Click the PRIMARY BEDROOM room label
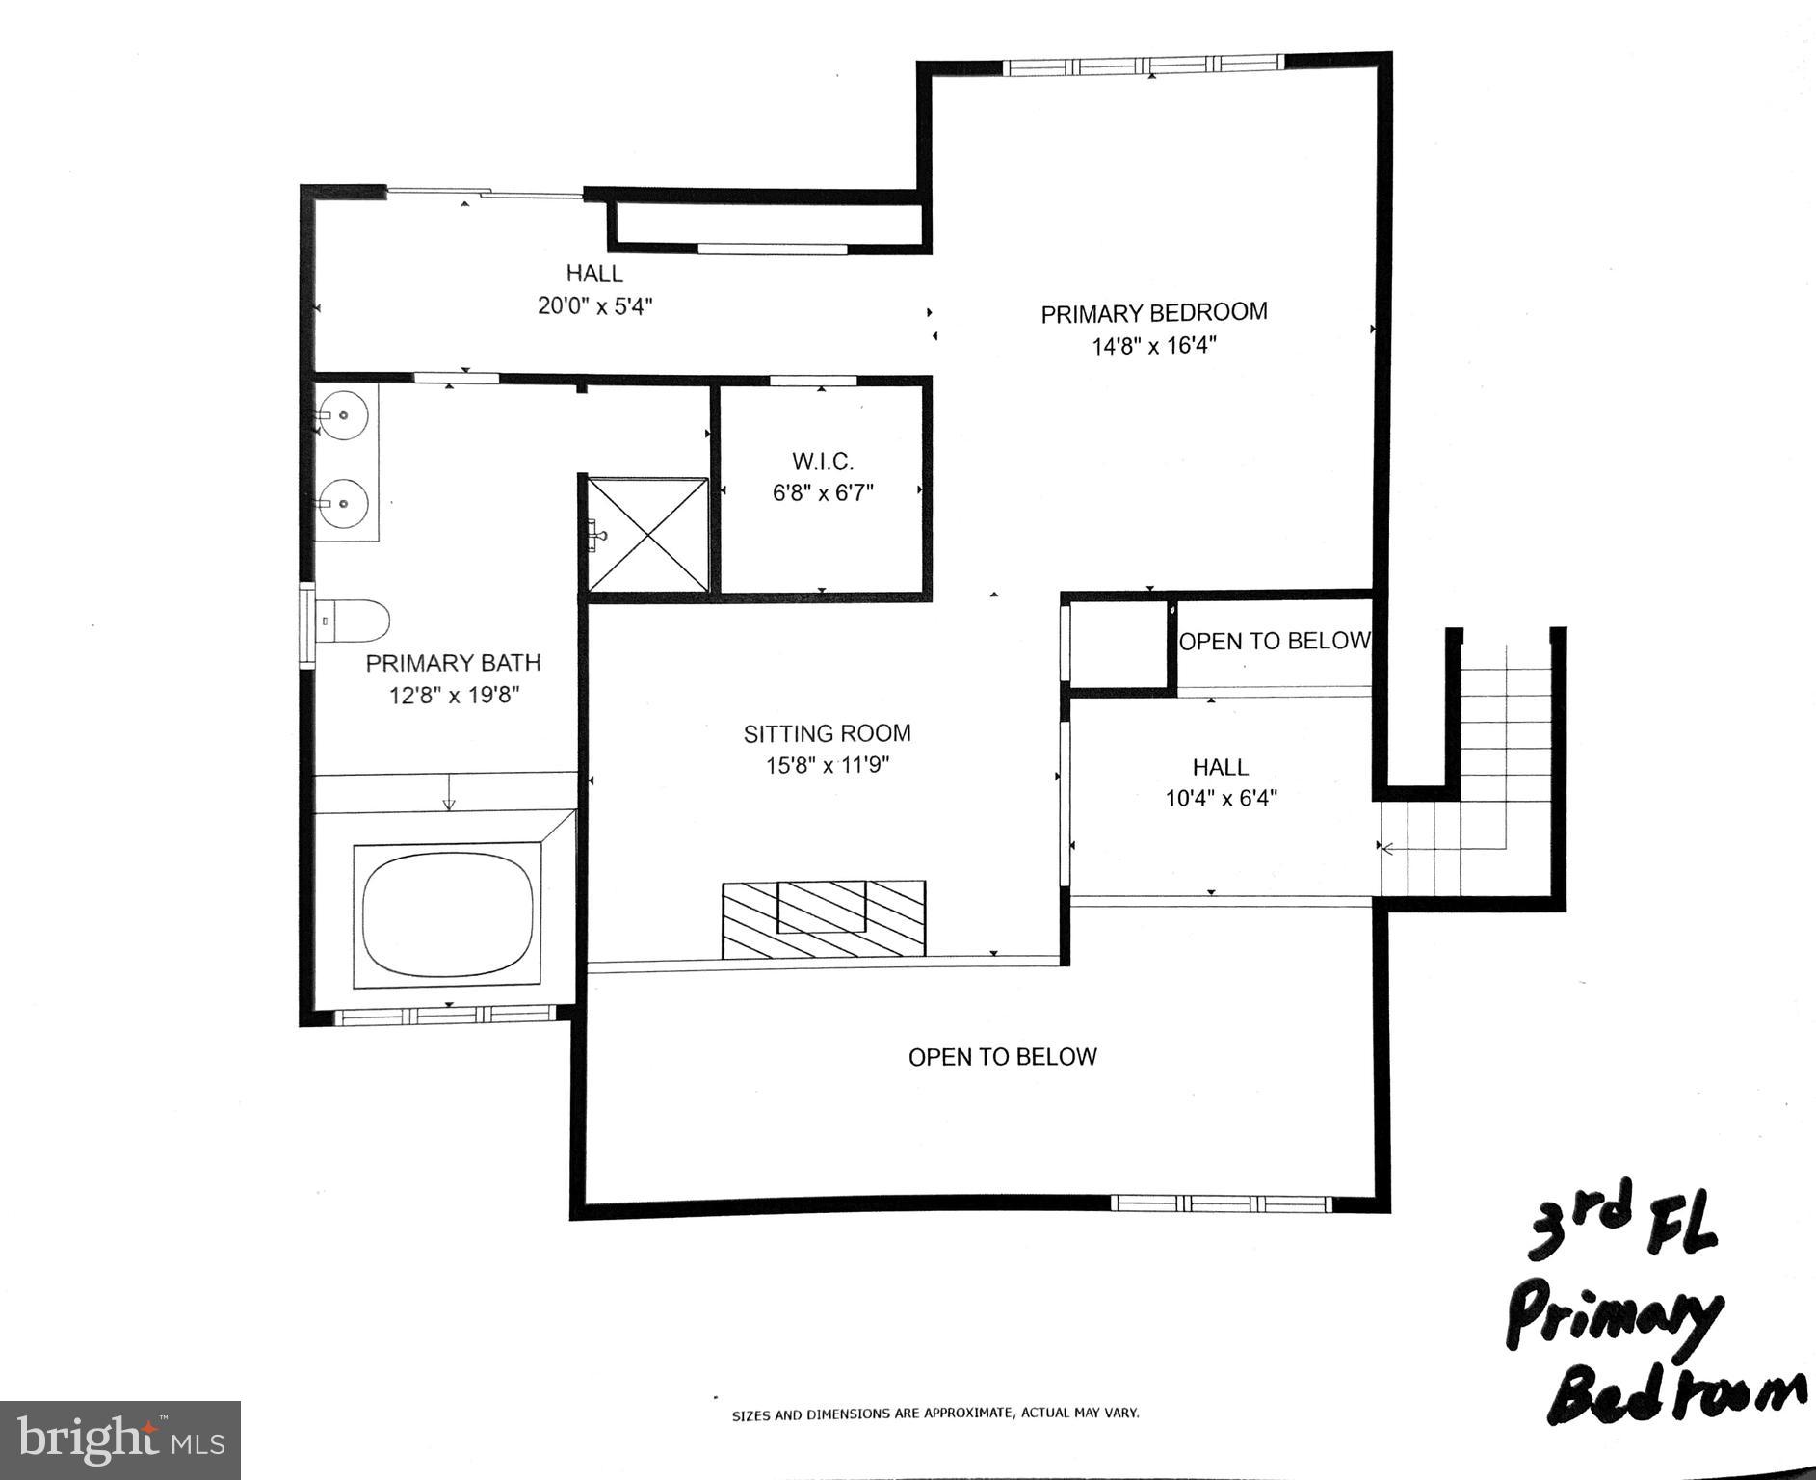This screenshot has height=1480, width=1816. tap(1153, 313)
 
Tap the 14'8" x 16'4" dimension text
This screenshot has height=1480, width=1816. tap(1153, 346)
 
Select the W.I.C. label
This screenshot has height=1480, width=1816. tap(822, 462)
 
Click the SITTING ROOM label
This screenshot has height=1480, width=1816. tap(827, 733)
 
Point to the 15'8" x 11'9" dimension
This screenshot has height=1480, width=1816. tap(827, 766)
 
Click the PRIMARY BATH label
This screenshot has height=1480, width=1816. tap(453, 663)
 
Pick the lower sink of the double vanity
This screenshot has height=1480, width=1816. tap(343, 501)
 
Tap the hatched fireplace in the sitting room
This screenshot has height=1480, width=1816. tap(824, 918)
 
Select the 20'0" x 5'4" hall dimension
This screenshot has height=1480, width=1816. tap(594, 306)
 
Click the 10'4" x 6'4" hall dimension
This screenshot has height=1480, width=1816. tap(1221, 799)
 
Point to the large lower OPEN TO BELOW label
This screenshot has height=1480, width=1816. tap(1002, 1057)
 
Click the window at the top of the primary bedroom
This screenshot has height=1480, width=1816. tap(1144, 66)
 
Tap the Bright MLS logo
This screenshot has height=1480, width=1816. tap(119, 1440)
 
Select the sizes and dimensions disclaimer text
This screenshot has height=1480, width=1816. tap(934, 1414)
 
